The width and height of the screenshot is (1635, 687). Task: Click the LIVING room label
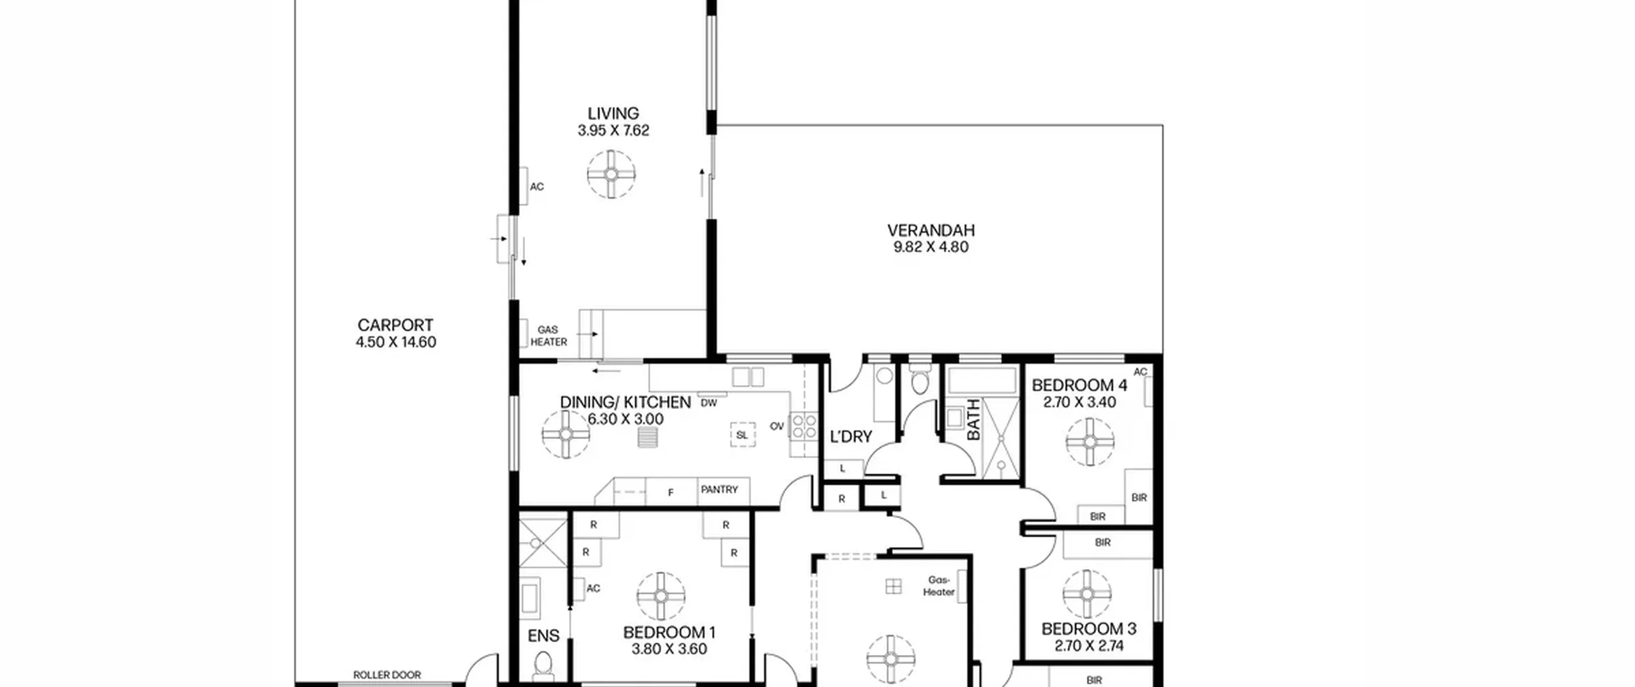613,114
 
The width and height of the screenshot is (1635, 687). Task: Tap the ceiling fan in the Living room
611,174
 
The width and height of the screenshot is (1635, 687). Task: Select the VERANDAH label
931,230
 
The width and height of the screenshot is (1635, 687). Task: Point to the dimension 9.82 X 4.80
931,247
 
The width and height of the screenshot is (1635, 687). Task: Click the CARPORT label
395,325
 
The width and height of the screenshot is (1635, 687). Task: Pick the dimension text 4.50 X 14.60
396,343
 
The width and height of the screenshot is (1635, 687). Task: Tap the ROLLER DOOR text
387,675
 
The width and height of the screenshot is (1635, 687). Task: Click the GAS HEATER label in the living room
548,336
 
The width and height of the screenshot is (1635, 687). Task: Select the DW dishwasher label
709,403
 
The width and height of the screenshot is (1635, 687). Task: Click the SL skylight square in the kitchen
741,435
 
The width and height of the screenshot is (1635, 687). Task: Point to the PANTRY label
719,490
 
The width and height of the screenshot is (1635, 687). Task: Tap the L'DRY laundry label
851,437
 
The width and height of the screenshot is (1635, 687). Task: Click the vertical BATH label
973,419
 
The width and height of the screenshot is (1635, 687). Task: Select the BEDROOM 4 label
1079,385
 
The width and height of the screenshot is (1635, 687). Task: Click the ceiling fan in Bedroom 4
1090,442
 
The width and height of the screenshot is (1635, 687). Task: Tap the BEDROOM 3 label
1089,629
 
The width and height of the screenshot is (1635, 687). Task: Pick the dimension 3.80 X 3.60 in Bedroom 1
669,649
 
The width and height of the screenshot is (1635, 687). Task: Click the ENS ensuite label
544,636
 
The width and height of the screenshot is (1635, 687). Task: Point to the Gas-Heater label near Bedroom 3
939,586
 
